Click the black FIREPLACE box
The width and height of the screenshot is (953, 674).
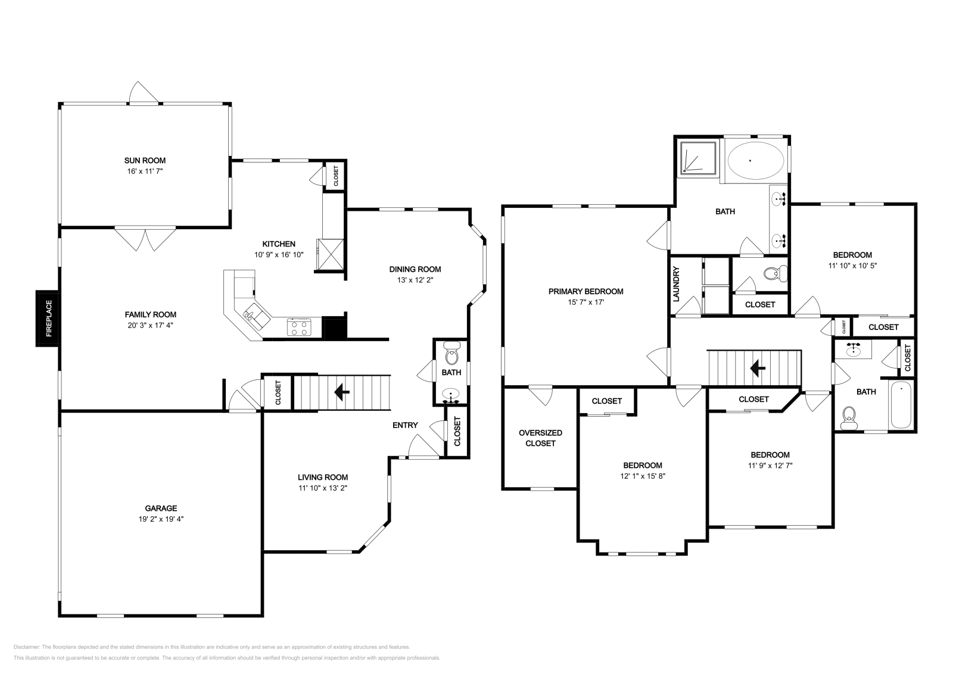tap(48, 319)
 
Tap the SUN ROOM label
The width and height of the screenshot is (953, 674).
tap(145, 160)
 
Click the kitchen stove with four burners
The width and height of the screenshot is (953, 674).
tap(299, 327)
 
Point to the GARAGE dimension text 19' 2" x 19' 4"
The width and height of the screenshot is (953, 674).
tap(161, 519)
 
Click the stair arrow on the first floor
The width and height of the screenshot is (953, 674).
tap(342, 392)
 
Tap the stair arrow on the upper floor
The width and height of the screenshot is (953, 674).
tap(757, 369)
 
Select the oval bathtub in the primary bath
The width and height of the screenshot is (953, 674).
tap(755, 160)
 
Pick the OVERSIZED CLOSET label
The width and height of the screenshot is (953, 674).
tap(540, 438)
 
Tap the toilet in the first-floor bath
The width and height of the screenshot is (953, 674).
tap(451, 357)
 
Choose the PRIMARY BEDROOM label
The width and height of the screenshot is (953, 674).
tap(585, 291)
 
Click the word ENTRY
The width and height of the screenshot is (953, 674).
tap(405, 425)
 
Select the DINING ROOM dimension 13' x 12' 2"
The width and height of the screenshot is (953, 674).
tap(415, 280)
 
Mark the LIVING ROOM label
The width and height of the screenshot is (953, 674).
tap(323, 477)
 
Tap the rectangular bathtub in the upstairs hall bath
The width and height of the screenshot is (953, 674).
tap(901, 405)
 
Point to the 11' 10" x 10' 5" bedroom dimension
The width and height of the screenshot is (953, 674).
tap(852, 266)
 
